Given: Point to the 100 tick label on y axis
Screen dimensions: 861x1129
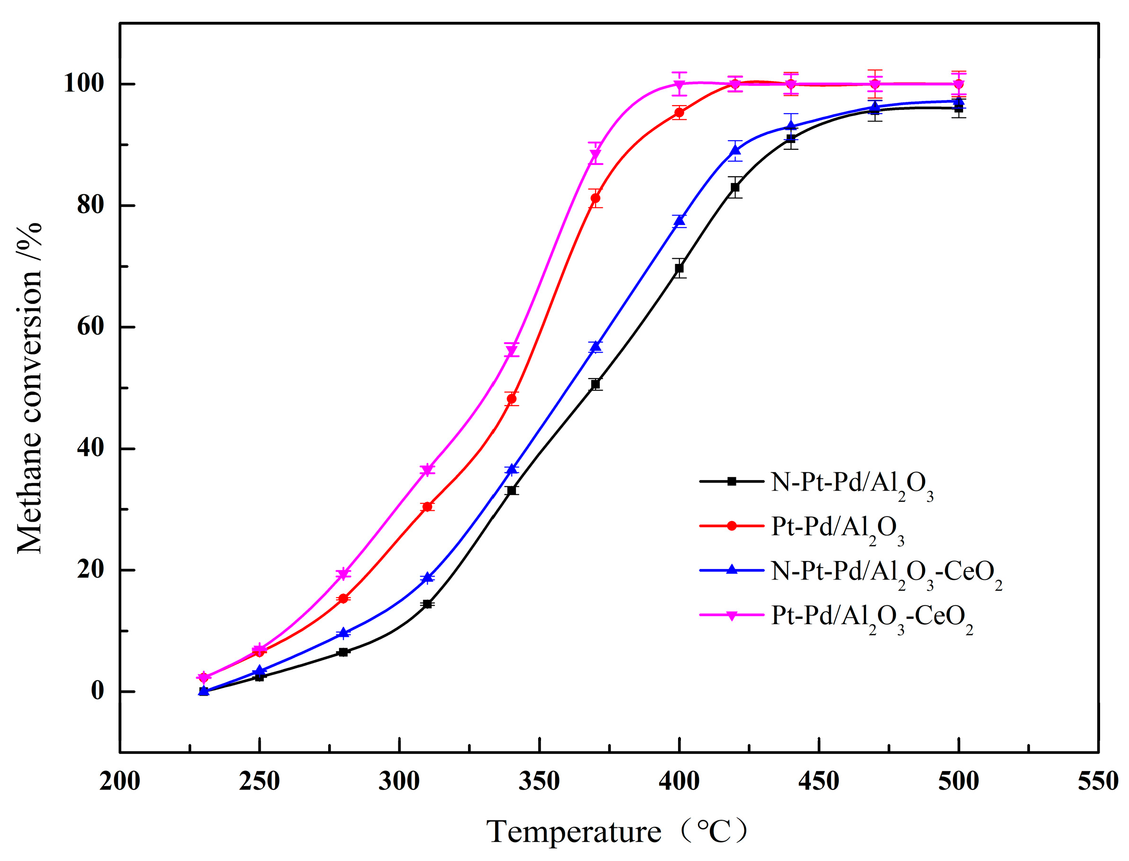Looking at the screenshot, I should click(x=83, y=83).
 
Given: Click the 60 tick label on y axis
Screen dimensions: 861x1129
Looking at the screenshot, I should click(x=91, y=327).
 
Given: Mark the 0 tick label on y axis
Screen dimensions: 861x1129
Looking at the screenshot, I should click(x=97, y=691).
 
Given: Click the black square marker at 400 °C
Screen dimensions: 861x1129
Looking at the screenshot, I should click(x=679, y=268).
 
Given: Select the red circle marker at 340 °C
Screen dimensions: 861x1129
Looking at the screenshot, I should click(x=511, y=399).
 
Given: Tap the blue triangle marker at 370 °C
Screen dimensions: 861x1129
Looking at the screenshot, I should click(x=595, y=347).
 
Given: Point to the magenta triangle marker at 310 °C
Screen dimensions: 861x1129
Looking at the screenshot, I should click(x=427, y=470).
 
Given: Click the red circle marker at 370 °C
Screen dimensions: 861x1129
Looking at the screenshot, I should click(x=595, y=198).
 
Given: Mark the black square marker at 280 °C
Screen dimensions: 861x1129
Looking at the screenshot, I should click(x=343, y=652).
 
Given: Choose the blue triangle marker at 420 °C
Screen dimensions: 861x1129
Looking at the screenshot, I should click(x=735, y=150).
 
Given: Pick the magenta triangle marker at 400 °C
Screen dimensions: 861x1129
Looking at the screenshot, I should click(x=679, y=84).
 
